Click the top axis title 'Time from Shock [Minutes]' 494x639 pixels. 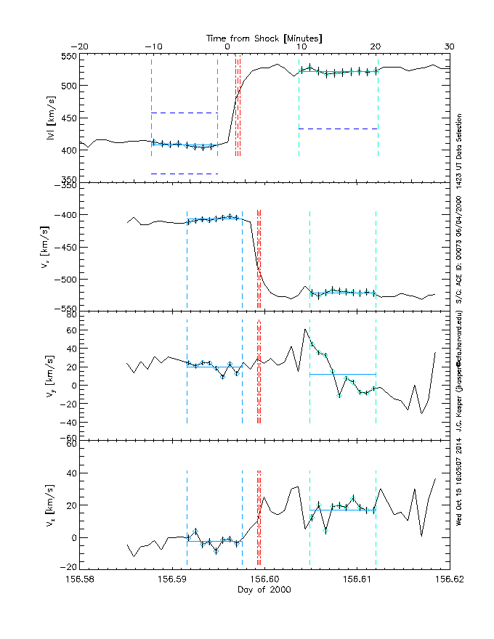(264, 37)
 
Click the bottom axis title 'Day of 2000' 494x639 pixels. (264, 590)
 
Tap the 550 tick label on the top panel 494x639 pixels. (69, 57)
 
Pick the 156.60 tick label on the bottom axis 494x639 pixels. (264, 579)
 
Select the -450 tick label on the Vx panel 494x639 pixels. (66, 247)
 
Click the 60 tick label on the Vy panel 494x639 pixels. (71, 330)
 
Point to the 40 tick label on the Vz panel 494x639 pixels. (71, 472)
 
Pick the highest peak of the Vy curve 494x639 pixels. (305, 330)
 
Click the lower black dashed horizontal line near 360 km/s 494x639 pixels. (185, 174)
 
